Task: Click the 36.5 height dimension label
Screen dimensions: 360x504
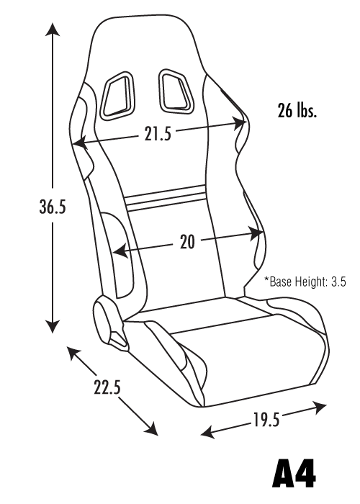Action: (53, 207)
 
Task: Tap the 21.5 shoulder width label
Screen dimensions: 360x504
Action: (158, 134)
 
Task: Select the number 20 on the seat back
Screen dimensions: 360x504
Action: (187, 242)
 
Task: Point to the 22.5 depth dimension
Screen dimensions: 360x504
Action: (107, 387)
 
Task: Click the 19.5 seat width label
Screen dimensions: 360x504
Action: (266, 420)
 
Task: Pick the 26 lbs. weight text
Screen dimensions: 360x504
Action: (297, 111)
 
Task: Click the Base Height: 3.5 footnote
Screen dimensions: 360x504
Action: (305, 282)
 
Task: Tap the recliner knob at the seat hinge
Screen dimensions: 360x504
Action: (103, 320)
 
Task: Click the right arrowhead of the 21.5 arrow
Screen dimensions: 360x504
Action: (239, 122)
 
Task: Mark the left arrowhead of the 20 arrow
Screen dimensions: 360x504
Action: (121, 251)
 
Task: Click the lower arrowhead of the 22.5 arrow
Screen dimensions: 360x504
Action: (151, 428)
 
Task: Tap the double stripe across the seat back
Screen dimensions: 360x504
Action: (165, 198)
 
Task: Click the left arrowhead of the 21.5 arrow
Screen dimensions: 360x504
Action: (81, 143)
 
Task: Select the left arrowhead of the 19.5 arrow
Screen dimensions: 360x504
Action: (208, 432)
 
